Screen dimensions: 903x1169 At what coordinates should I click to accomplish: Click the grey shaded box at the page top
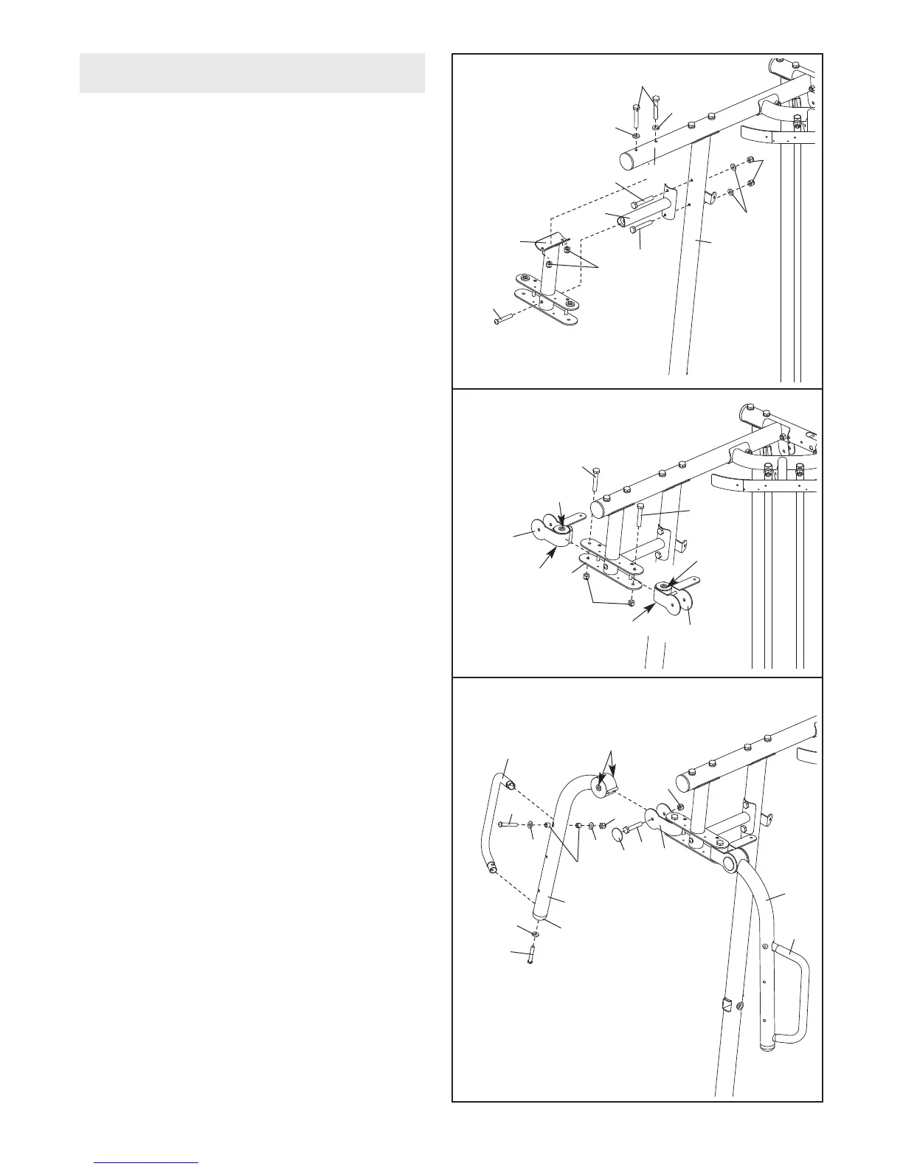click(252, 73)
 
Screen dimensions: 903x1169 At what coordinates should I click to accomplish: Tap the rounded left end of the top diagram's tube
click(628, 159)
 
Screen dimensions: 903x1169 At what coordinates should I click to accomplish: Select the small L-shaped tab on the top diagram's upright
click(710, 197)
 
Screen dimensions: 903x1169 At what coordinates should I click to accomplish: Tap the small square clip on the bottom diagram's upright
click(726, 1004)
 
